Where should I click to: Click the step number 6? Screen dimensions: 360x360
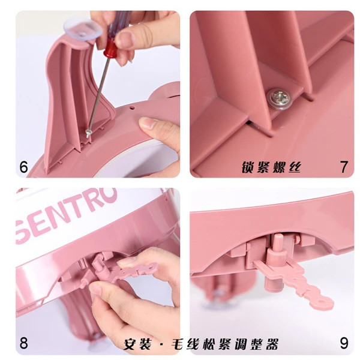point(23,167)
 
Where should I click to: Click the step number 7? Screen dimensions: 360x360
point(343,167)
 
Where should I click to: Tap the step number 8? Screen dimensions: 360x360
point(23,343)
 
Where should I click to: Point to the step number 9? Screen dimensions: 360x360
point(344,343)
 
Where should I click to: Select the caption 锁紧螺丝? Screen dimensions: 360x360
point(271,167)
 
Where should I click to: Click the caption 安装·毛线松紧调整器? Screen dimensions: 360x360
point(201,344)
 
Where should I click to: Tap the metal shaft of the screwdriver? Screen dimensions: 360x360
point(98,95)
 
